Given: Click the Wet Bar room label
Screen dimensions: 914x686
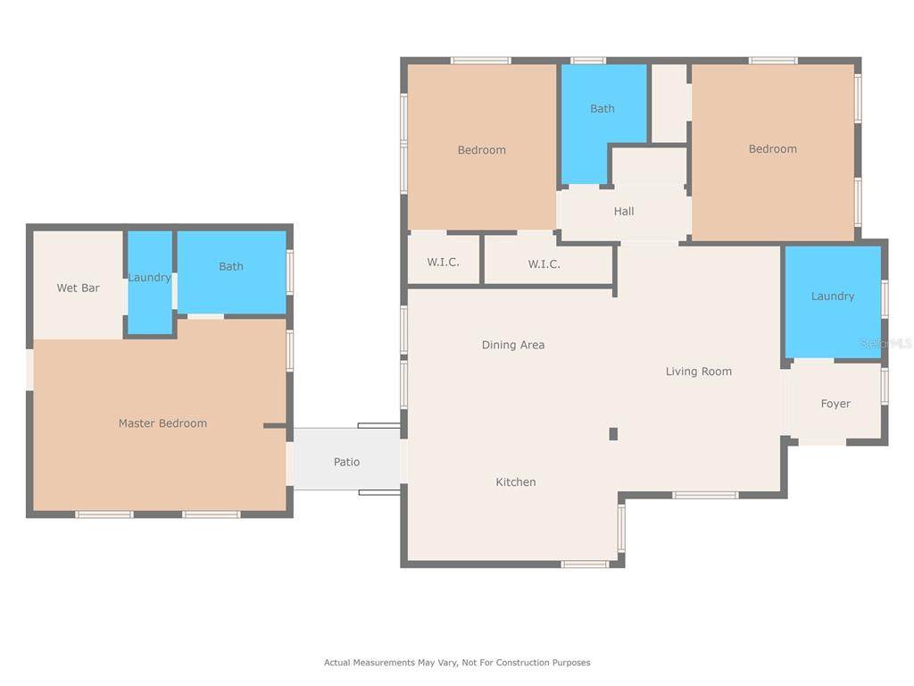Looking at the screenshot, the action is tap(79, 288).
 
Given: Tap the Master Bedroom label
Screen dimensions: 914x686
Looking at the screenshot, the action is tap(162, 422).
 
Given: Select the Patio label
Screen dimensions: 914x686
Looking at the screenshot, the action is tap(347, 462).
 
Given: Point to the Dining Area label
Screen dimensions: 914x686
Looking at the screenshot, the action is tap(513, 345).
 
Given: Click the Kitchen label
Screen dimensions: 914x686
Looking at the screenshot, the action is tap(516, 481).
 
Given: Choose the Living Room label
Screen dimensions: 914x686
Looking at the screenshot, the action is tap(699, 372).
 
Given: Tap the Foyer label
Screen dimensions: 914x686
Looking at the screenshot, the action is tap(835, 404).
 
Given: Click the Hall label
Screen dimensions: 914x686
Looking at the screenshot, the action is tap(624, 211).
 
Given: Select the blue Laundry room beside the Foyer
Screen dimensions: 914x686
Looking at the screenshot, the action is tap(833, 301).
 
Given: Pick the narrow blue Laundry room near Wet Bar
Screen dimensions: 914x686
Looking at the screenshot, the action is tap(150, 282).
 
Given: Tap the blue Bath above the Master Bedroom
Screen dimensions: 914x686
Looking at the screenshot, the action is tap(231, 272).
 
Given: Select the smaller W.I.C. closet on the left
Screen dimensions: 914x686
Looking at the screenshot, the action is tap(444, 259).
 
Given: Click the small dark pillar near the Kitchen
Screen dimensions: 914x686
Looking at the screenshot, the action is tap(613, 433).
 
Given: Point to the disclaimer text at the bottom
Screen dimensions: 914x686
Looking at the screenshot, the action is tap(457, 662).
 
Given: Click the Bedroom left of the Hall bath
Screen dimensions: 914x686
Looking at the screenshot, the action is tap(481, 146).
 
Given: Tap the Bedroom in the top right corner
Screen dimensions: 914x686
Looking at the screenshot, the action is tap(773, 152).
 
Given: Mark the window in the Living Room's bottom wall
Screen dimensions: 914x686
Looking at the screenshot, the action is tap(705, 495).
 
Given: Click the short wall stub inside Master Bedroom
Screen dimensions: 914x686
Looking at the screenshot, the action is tap(275, 426).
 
